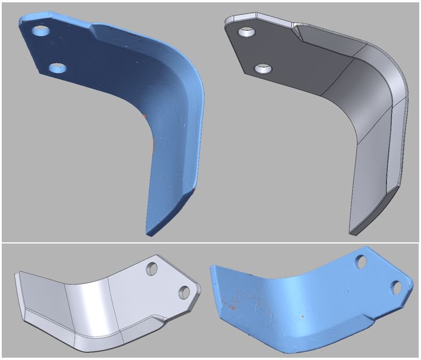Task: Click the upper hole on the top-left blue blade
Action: [41, 30]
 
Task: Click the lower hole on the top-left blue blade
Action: [57, 68]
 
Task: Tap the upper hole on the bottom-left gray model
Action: [153, 268]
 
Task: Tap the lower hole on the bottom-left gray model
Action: [185, 292]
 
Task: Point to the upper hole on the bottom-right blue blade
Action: [361, 263]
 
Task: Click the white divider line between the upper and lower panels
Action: [210, 242]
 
